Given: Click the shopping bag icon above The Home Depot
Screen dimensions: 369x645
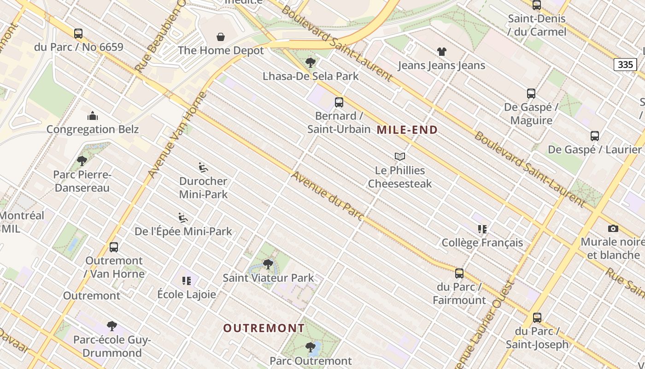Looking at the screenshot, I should (x=221, y=37).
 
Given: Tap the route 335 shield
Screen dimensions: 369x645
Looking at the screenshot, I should (x=625, y=65).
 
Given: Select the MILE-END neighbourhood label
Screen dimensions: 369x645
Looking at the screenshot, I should (x=407, y=130).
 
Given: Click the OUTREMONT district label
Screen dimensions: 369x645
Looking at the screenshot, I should (x=264, y=328).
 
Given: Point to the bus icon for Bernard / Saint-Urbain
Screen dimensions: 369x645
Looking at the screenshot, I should (x=339, y=102).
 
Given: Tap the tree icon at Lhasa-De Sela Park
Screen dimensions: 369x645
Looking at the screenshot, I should (x=311, y=62).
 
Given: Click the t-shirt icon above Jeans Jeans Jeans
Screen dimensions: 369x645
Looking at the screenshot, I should (x=442, y=52).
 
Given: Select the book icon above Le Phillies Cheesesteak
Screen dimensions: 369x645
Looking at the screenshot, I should (x=400, y=157).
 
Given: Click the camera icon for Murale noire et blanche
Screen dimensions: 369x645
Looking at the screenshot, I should (x=613, y=228).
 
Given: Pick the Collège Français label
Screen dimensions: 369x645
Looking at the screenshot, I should (x=482, y=243).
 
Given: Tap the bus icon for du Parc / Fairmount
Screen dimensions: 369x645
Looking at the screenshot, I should (x=459, y=274).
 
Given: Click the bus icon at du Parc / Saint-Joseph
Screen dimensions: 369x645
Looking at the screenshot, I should (x=537, y=318).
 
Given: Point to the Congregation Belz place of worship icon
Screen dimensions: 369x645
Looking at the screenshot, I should (x=93, y=115).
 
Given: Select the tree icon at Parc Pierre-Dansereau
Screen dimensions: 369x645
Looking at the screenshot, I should (x=82, y=161).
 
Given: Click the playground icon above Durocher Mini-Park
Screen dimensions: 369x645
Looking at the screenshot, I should (x=203, y=167).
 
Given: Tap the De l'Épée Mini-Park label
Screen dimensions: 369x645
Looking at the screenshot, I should (x=183, y=231).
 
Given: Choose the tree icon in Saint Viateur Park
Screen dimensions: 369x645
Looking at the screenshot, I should (x=268, y=264).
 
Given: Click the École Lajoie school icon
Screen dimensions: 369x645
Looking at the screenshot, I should (x=187, y=280).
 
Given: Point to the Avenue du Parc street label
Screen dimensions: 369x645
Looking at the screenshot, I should (x=328, y=196).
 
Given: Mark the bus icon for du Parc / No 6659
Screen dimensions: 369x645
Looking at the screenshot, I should (x=78, y=34).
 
